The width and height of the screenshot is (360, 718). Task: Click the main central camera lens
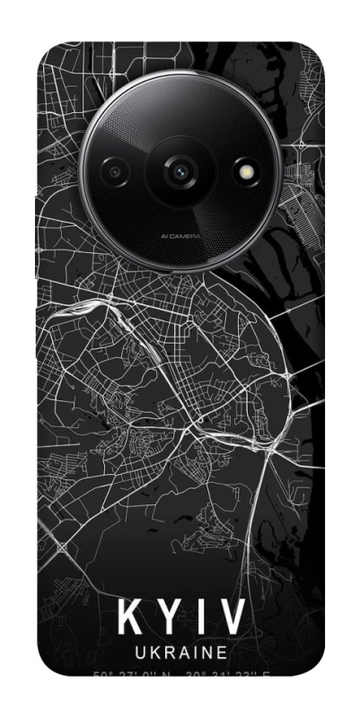click(x=181, y=169)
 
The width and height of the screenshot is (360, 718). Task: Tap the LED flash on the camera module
click(x=244, y=169)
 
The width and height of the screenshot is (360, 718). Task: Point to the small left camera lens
click(x=116, y=169)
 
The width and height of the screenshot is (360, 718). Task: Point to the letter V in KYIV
click(x=232, y=618)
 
